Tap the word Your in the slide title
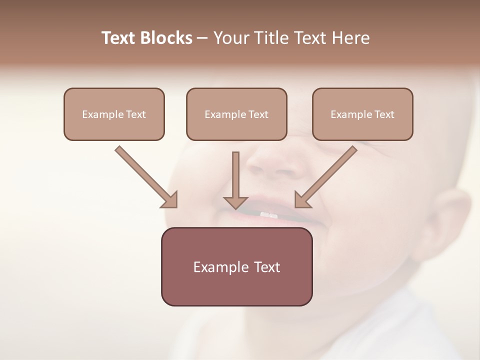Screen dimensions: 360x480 point(229,38)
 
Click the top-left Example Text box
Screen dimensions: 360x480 point(114,114)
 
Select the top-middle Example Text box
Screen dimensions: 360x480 point(236,114)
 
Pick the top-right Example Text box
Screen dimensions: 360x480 point(362,114)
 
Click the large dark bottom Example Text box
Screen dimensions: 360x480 point(236,267)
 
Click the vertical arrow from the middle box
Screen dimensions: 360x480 point(235,175)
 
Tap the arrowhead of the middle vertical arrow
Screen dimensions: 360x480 point(235,202)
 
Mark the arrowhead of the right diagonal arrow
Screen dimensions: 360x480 point(301,200)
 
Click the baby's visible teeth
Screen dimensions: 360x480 point(268,215)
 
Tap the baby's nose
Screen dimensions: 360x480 point(277,165)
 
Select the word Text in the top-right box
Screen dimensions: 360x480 point(384,114)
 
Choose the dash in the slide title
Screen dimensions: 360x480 point(202,38)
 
